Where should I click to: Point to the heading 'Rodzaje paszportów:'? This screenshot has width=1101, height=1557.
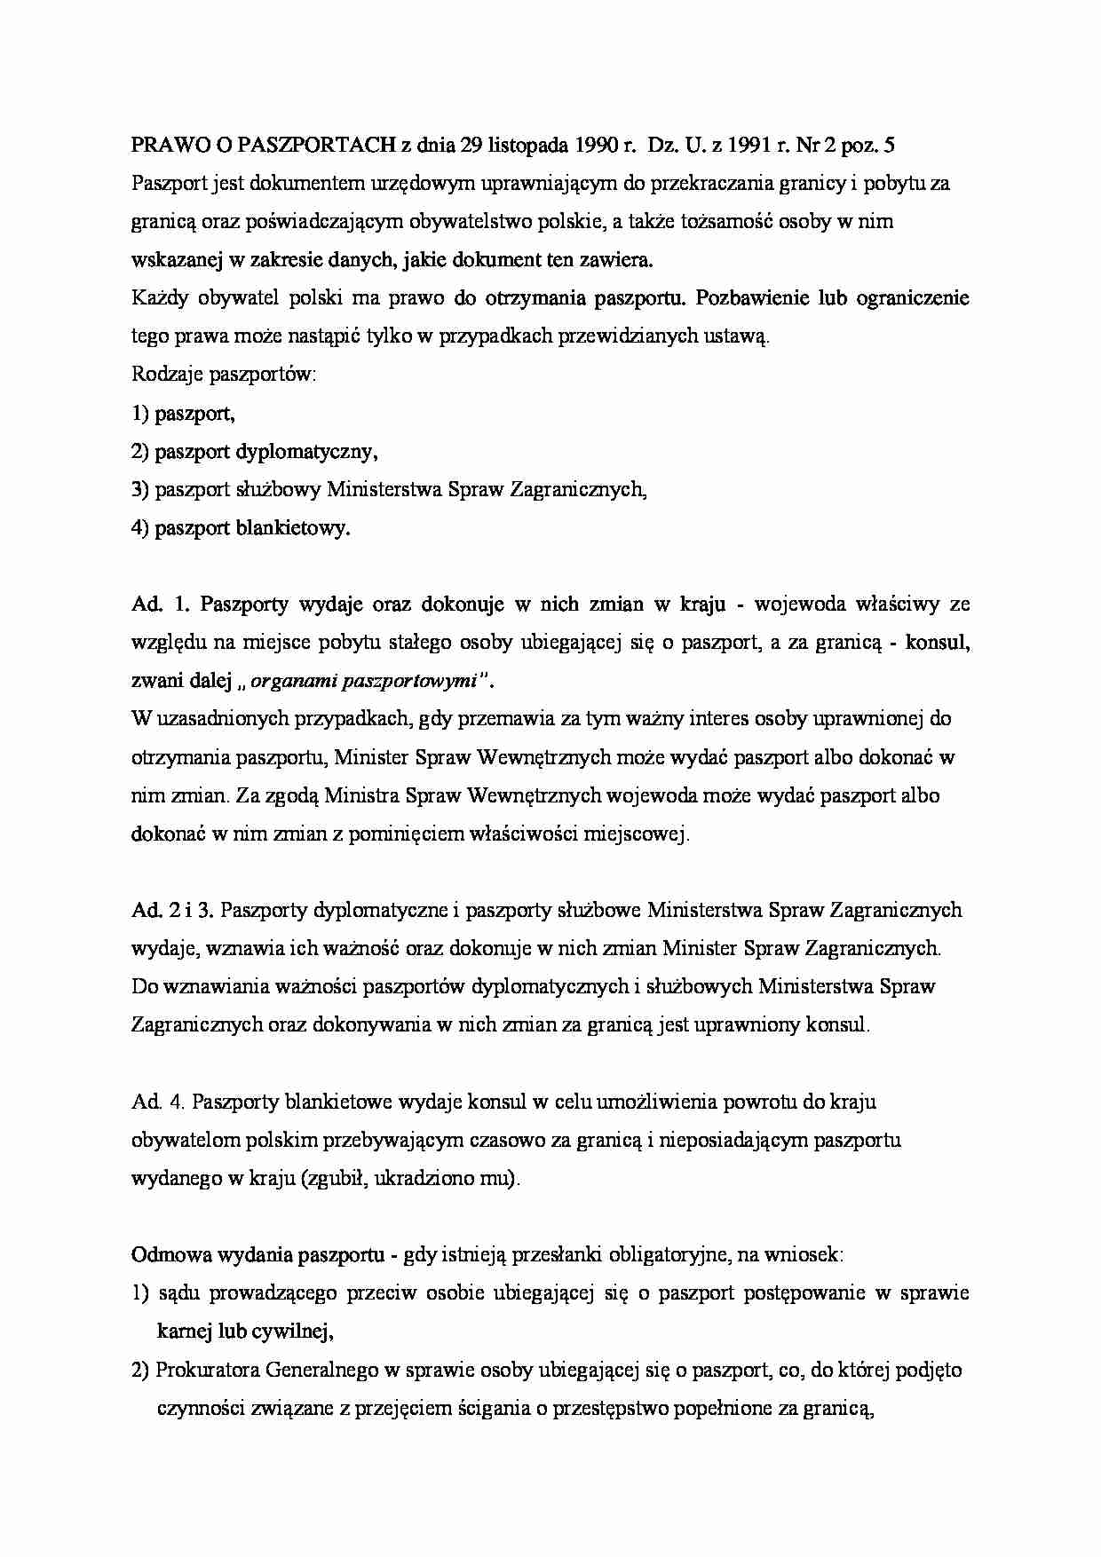224,375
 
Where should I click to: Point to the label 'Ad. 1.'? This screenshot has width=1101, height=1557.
161,605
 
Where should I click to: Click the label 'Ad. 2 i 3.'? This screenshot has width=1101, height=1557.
173,911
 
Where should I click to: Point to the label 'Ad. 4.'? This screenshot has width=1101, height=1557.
158,1102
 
